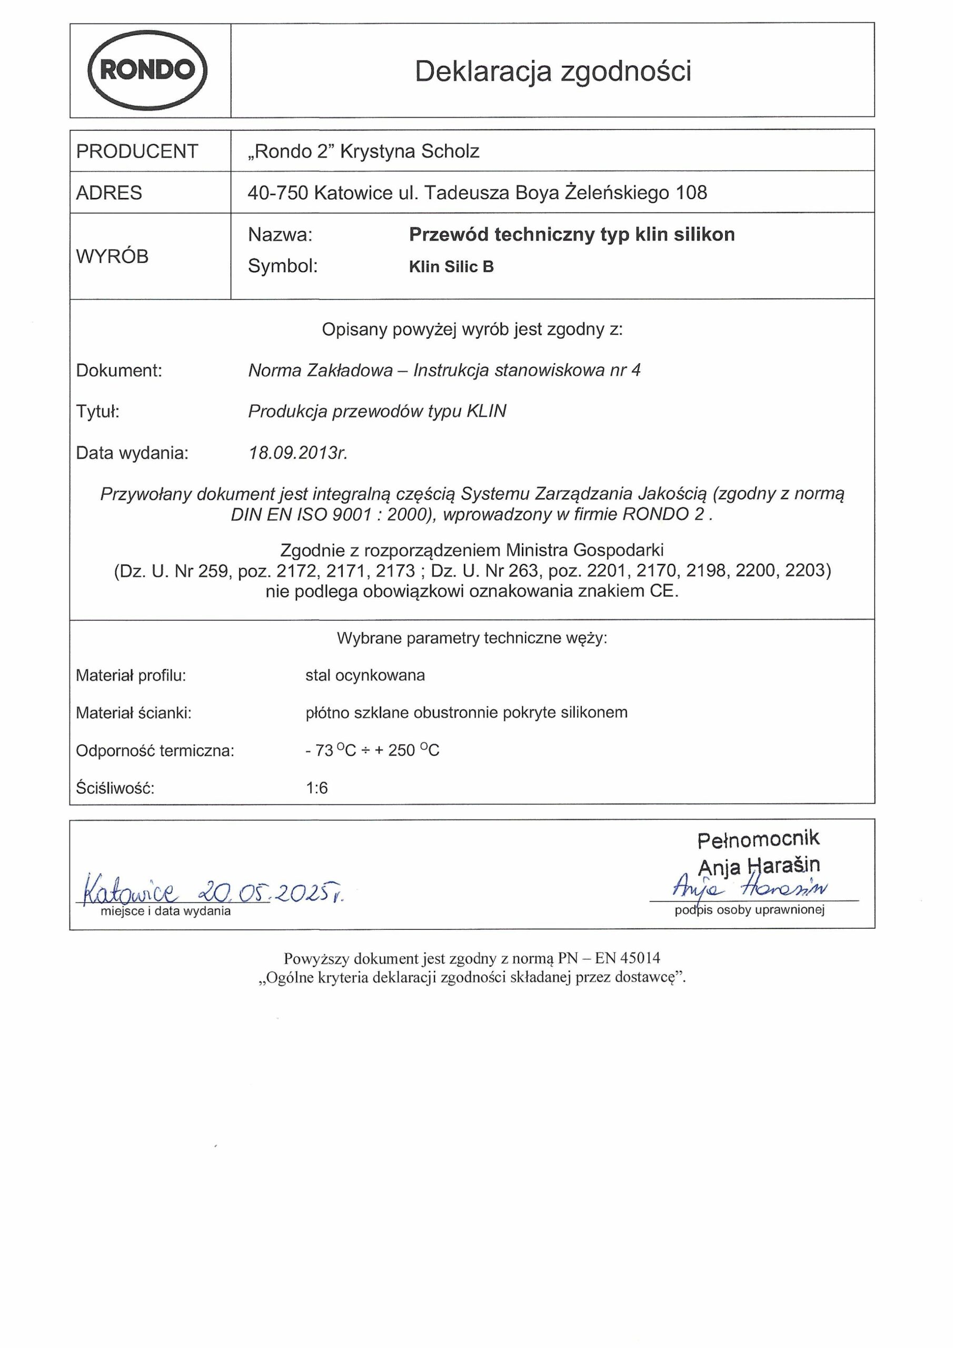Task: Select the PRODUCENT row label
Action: click(x=137, y=152)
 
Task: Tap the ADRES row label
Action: click(x=109, y=193)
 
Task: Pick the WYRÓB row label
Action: click(x=112, y=256)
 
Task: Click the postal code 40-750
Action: click(x=277, y=193)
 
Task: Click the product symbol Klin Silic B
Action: click(x=451, y=267)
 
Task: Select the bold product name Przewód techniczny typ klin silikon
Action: click(x=571, y=235)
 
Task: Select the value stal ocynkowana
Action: click(x=365, y=676)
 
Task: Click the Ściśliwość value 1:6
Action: click(x=316, y=788)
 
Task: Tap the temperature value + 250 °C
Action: click(x=406, y=750)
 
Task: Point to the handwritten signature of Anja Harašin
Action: click(x=750, y=888)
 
